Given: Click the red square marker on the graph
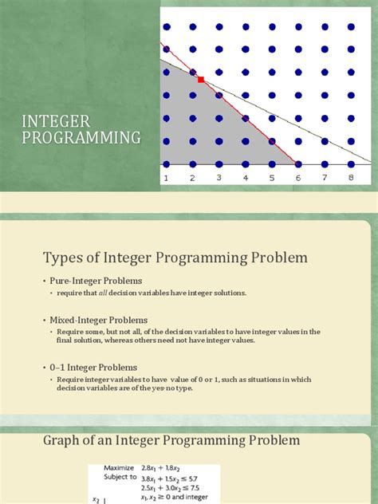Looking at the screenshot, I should pos(201,79).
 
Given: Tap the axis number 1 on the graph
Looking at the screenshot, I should pos(166,178).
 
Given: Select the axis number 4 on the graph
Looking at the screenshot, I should pos(246,178).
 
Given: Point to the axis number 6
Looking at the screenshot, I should pos(298,178).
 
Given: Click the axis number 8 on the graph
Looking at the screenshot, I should pos(351,178).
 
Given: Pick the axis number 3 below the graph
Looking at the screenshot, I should pos(219,178).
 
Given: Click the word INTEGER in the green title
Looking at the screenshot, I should pos(56,121).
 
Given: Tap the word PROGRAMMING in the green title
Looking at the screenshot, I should pos(81,138).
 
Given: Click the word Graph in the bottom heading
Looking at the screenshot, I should pos(65,440).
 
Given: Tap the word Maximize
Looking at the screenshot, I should pos(111,467).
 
